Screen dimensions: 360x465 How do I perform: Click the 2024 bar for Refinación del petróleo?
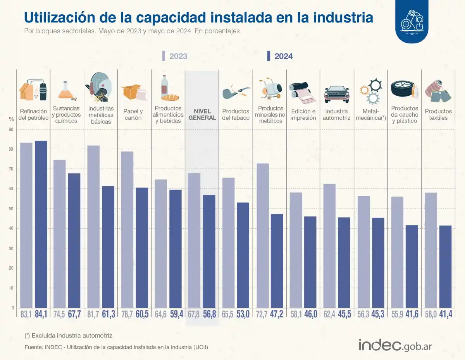pyautogui.click(x=41, y=224)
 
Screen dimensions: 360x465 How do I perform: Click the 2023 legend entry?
pyautogui.click(x=174, y=56)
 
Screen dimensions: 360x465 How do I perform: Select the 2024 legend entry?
pyautogui.click(x=279, y=56)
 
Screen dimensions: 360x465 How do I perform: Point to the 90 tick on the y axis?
pyautogui.click(x=12, y=129)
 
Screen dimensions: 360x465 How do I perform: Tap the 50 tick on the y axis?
pyautogui.click(x=12, y=209)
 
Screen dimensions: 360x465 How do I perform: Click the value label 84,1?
pyautogui.click(x=41, y=314)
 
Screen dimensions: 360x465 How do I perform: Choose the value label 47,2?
pyautogui.click(x=277, y=314)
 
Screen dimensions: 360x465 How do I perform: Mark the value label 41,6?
pyautogui.click(x=412, y=314)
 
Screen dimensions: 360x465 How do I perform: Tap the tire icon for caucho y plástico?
pyautogui.click(x=400, y=90)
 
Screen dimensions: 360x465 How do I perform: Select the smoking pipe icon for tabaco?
pyautogui.click(x=235, y=92)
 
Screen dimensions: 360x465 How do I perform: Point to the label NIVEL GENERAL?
pyautogui.click(x=202, y=115)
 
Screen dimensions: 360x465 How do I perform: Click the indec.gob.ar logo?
pyautogui.click(x=395, y=344)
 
